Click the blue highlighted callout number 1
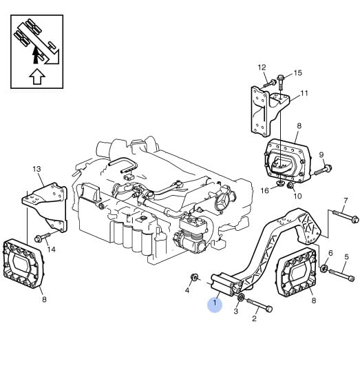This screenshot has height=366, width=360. (215, 303)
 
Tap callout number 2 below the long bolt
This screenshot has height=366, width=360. (254, 318)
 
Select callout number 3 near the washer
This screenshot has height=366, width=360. (236, 311)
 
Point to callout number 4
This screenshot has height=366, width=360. (187, 290)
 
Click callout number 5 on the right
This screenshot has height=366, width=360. (346, 257)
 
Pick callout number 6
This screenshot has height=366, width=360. (330, 253)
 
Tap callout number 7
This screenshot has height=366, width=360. (346, 201)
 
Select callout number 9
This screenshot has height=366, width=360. (321, 154)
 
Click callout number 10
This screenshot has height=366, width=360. (297, 196)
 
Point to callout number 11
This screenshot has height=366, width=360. (304, 93)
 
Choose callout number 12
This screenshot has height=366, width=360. (262, 68)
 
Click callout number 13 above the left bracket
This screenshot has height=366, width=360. (37, 169)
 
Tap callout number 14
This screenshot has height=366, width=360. (52, 250)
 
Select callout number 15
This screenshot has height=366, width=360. (298, 73)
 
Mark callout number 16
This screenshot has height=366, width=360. (264, 191)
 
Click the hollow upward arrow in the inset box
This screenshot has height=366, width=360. (37, 76)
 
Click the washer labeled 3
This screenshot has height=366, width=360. (241, 297)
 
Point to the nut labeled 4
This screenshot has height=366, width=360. (194, 278)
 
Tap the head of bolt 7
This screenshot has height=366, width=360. (355, 220)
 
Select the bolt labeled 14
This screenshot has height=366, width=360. (42, 237)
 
